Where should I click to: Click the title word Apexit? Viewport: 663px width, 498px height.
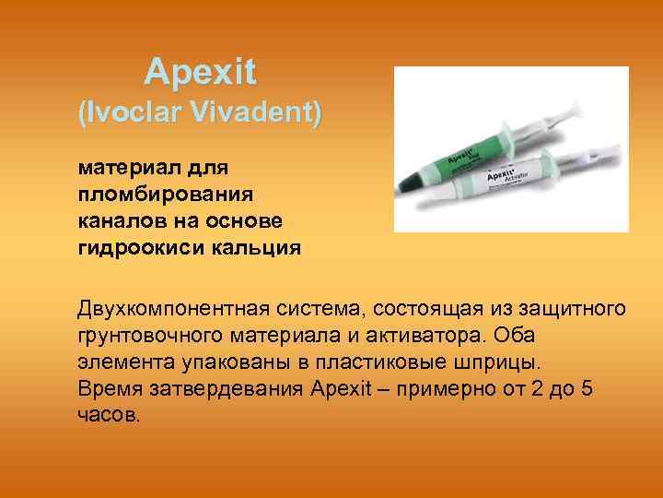coord(200,71)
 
